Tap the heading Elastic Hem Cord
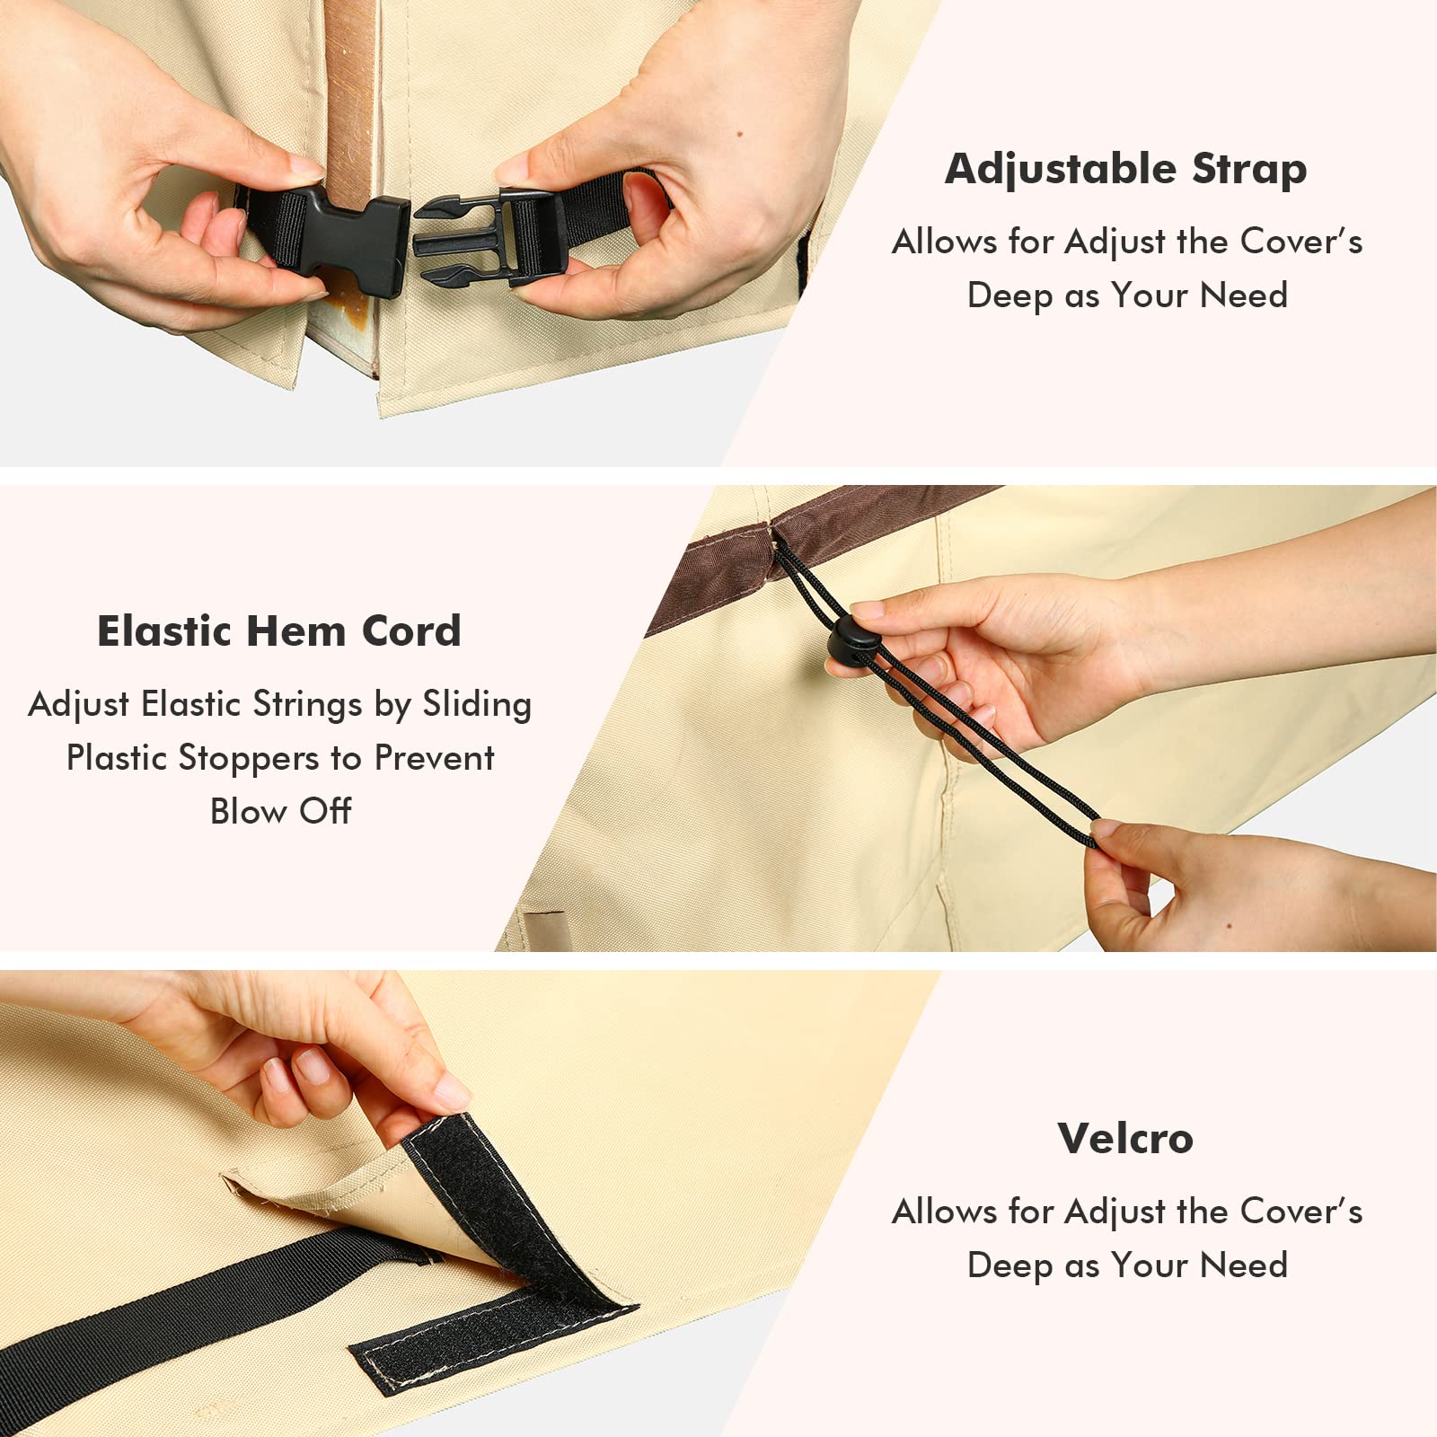279,630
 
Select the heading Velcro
1125,1138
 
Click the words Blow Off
280,811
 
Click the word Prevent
434,758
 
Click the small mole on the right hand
738,136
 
